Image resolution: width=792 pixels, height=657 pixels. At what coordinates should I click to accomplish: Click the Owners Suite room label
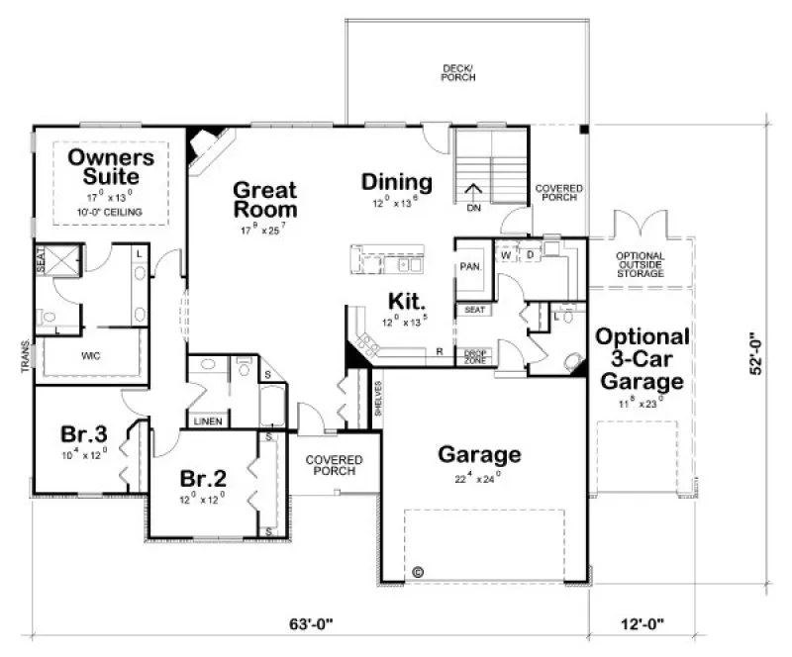(110, 167)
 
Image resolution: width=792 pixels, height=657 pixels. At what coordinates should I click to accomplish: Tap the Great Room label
(264, 199)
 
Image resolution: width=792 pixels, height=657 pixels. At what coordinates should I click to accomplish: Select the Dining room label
(396, 182)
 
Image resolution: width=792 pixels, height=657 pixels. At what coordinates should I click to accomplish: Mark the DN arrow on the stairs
(474, 198)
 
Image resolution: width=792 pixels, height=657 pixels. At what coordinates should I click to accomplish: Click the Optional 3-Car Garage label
(642, 358)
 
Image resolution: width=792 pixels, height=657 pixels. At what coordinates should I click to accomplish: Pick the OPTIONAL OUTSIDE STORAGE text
(640, 264)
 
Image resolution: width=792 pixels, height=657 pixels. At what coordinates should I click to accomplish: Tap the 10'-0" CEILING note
(110, 213)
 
